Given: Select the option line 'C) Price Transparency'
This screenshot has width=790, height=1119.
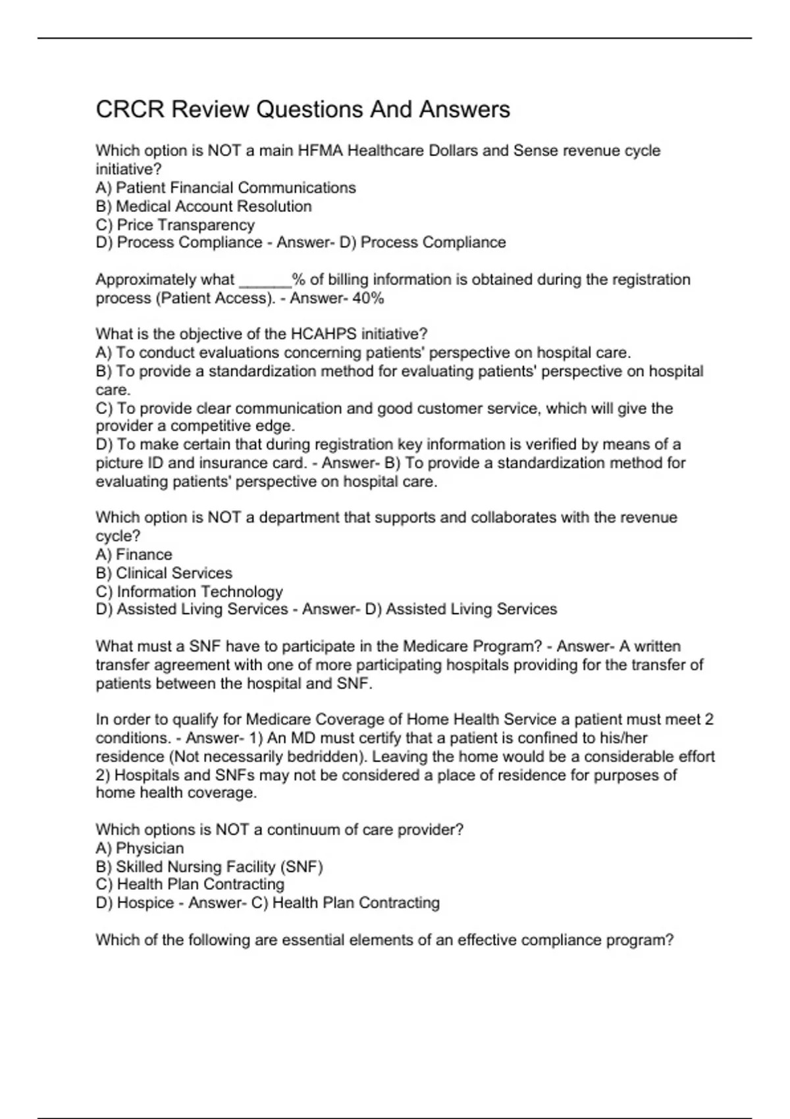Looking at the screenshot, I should [x=175, y=224].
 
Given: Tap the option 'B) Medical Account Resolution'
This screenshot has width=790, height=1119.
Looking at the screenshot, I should [x=203, y=206].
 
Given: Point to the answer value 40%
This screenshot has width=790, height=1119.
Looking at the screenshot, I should [x=368, y=298].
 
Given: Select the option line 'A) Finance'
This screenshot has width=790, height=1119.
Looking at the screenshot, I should [x=134, y=554].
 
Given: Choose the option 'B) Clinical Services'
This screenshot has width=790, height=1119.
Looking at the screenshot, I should [x=164, y=573].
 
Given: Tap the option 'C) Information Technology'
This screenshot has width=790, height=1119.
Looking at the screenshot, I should [x=189, y=591].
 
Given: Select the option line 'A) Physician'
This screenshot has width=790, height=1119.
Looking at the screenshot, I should [x=140, y=848].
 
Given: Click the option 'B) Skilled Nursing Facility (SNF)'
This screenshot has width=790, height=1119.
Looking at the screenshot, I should [x=209, y=866].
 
